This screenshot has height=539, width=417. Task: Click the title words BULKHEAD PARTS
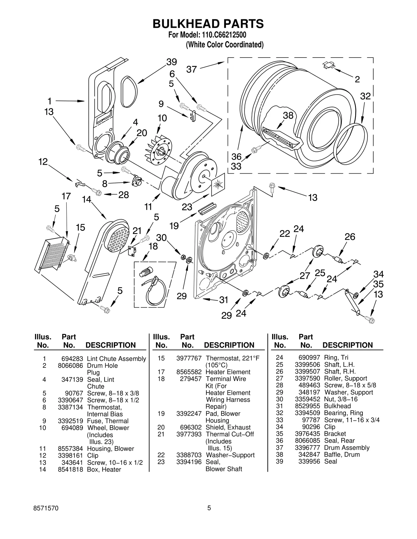click(208, 24)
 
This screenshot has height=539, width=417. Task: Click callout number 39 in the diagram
click(171, 62)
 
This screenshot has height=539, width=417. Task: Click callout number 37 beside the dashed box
click(191, 69)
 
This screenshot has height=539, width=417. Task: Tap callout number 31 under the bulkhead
click(224, 300)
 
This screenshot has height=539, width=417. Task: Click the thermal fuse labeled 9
click(193, 116)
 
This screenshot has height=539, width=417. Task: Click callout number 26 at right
click(350, 237)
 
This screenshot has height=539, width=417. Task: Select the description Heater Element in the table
click(228, 372)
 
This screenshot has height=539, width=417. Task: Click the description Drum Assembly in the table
click(347, 448)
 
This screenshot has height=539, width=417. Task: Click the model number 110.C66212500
click(224, 35)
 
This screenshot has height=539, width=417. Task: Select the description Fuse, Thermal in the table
click(108, 421)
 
